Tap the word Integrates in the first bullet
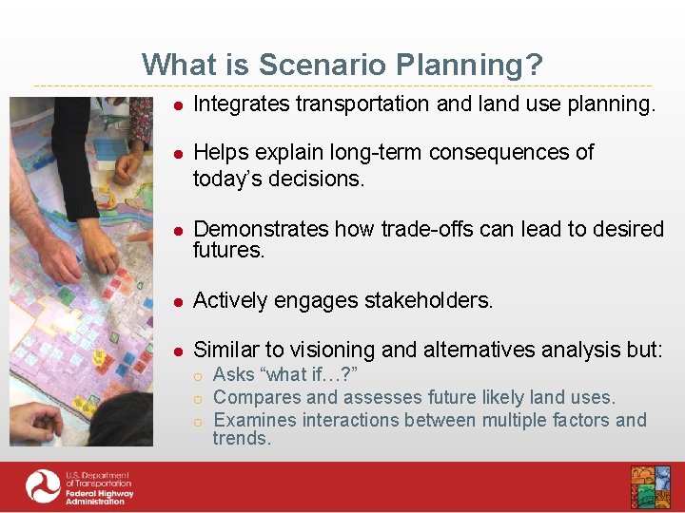(241, 104)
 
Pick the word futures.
(228, 250)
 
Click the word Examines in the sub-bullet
(252, 420)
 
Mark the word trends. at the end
(242, 438)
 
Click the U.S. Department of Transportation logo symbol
(43, 486)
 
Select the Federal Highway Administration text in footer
(99, 494)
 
